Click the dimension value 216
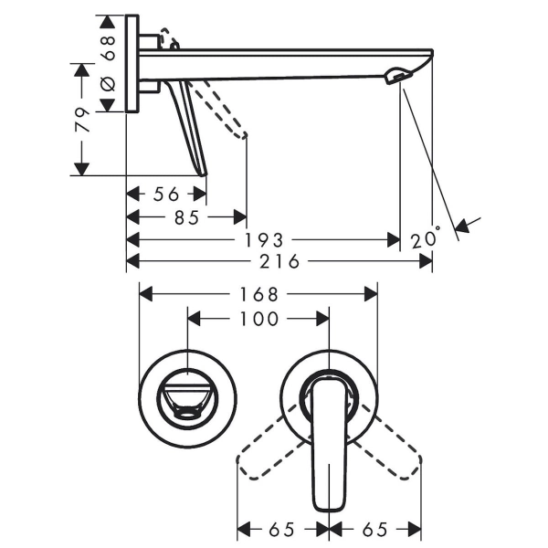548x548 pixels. [279, 261]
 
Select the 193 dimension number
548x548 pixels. [264, 240]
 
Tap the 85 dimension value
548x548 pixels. [186, 217]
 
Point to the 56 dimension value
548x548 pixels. [166, 194]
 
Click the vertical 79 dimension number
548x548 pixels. [82, 120]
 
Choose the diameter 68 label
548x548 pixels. [109, 63]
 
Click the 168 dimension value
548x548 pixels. [259, 294]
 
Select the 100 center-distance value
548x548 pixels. [259, 319]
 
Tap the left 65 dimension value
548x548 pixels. [281, 530]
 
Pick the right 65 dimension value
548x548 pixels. [375, 530]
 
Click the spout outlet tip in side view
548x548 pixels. [397, 76]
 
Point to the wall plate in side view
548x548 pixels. [132, 64]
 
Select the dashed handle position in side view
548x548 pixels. [217, 109]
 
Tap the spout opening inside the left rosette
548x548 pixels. [188, 399]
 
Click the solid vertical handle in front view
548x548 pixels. [329, 444]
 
